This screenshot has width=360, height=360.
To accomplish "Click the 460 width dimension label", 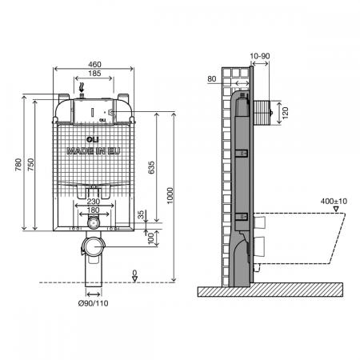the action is pos(94,65).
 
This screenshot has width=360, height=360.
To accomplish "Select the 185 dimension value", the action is pos(94,74).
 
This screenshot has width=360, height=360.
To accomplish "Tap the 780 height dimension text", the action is pos(18,165).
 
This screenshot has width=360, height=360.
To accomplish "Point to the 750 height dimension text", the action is pos(31,165).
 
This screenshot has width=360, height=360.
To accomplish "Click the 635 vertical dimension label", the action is pos(151,167).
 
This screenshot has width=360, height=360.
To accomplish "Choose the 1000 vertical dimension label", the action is pos(170,196).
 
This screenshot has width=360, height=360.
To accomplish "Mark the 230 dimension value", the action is pos(94,202).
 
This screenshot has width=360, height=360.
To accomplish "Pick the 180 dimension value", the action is pos(93,210).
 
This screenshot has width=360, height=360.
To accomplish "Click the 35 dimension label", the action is pos(141,214).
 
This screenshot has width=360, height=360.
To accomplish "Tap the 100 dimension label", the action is pos(151,238).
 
